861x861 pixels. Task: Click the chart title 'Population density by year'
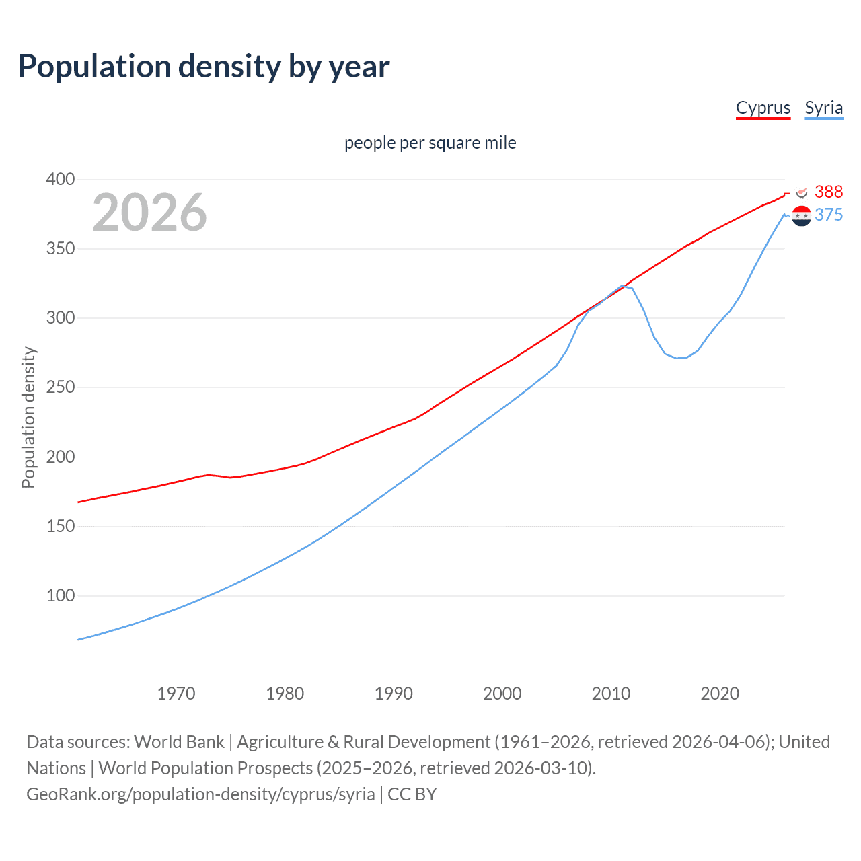click(x=204, y=67)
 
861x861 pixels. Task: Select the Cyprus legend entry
click(x=763, y=108)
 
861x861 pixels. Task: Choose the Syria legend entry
click(x=823, y=108)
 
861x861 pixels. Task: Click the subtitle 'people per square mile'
click(x=430, y=143)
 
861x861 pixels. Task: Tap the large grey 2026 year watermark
click(x=149, y=213)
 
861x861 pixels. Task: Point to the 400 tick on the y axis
click(x=61, y=180)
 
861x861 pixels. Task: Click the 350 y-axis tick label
click(x=61, y=249)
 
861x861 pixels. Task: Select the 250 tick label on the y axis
click(x=61, y=387)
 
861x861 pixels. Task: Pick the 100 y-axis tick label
click(x=61, y=596)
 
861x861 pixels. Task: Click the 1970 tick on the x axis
click(x=176, y=694)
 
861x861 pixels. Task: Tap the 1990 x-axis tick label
click(x=394, y=694)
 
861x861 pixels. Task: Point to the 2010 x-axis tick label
click(x=611, y=694)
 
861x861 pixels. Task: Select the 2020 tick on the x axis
click(x=720, y=694)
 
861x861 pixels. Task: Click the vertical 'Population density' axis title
click(x=28, y=417)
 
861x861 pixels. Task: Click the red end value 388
click(x=828, y=192)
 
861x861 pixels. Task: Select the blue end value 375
click(x=828, y=215)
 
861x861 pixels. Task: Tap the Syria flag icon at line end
click(x=801, y=216)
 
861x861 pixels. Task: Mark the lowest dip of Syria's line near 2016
click(x=677, y=358)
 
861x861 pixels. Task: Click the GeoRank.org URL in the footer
click(x=200, y=794)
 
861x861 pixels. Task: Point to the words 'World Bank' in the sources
click(x=179, y=742)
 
